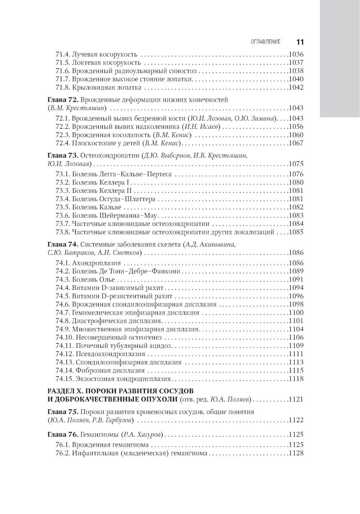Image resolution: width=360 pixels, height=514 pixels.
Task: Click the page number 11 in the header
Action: pyautogui.click(x=300, y=42)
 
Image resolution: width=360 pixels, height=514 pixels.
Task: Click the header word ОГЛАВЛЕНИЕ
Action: pyautogui.click(x=266, y=42)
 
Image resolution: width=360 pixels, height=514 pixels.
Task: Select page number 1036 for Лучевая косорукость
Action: pyautogui.click(x=296, y=55)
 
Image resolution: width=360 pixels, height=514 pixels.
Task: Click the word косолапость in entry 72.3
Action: pyautogui.click(x=134, y=135)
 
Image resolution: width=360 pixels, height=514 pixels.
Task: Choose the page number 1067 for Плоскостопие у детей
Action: pyautogui.click(x=296, y=143)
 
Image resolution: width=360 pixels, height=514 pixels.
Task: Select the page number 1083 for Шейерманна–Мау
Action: pyautogui.click(x=296, y=215)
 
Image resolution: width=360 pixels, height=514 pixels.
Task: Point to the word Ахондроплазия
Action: pyautogui.click(x=96, y=263)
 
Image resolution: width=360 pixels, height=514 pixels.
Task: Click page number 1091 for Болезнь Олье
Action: pyautogui.click(x=296, y=279)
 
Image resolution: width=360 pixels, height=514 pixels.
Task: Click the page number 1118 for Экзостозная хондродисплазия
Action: pyautogui.click(x=296, y=378)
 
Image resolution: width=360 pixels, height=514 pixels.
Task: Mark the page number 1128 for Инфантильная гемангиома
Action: pyautogui.click(x=296, y=453)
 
